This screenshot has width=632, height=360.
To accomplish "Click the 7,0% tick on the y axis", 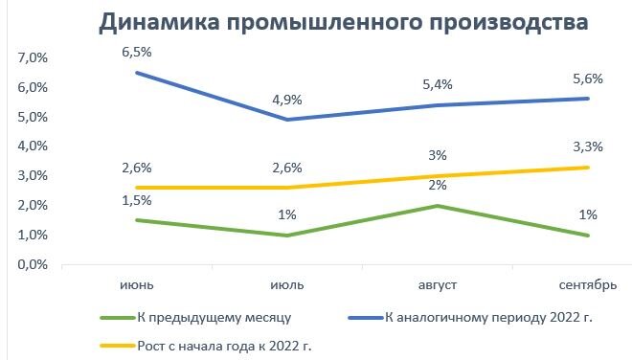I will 33,58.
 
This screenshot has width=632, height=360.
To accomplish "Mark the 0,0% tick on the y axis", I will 33,264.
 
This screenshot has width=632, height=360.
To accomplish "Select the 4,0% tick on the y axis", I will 33,146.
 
